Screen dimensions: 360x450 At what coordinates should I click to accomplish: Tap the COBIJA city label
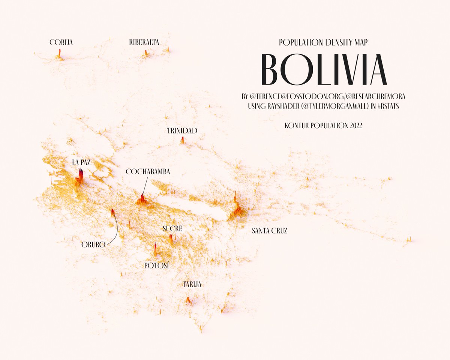tap(61, 43)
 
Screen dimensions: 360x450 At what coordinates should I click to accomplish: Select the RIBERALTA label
tap(144, 43)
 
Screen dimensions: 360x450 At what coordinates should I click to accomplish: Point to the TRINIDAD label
tap(182, 130)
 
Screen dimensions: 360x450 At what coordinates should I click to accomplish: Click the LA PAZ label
tap(81, 162)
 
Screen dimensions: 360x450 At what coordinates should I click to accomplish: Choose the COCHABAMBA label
tap(148, 171)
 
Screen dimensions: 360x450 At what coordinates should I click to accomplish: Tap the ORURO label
tap(93, 245)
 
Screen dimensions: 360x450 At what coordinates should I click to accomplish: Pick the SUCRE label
tap(172, 228)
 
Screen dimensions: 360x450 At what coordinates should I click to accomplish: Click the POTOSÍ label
tap(157, 265)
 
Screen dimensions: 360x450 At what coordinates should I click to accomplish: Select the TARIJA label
tap(192, 285)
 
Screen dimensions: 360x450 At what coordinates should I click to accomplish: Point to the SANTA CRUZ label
tap(270, 231)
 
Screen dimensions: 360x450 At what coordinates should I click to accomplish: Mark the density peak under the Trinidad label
tap(183, 140)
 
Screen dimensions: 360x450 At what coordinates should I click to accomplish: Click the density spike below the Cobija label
tap(59, 54)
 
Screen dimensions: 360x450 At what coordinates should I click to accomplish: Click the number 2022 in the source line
tap(356, 126)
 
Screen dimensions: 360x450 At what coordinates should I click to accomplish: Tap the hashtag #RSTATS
tap(388, 106)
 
